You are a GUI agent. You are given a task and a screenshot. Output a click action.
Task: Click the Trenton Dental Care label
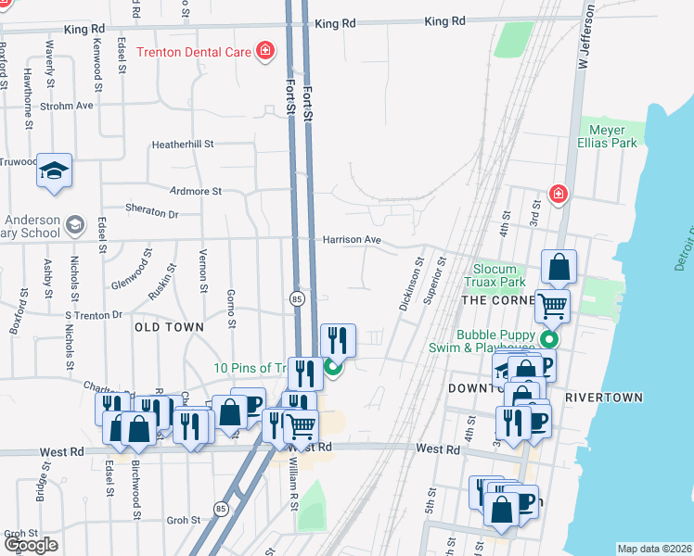point(194,52)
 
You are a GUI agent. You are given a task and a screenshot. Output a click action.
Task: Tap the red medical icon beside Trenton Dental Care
point(265,51)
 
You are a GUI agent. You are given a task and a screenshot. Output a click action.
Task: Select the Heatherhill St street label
point(183,145)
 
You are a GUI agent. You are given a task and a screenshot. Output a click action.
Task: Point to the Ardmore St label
point(196,191)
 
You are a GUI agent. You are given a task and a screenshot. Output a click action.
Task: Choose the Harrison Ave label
point(353,240)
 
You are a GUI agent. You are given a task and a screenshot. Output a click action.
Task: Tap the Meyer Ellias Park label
point(609,137)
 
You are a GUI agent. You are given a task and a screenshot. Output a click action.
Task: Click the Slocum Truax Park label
point(500,275)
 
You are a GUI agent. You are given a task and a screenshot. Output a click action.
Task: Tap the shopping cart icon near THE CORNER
point(552,304)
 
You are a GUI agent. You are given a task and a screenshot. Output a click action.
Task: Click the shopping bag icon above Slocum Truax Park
point(559,267)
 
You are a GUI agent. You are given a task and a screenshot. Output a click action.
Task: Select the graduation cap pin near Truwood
point(55,171)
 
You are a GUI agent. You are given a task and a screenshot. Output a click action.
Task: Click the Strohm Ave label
point(72,106)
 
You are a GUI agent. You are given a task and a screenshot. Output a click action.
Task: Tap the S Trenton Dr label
point(93,315)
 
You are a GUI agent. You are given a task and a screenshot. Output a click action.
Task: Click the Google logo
point(31,546)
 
